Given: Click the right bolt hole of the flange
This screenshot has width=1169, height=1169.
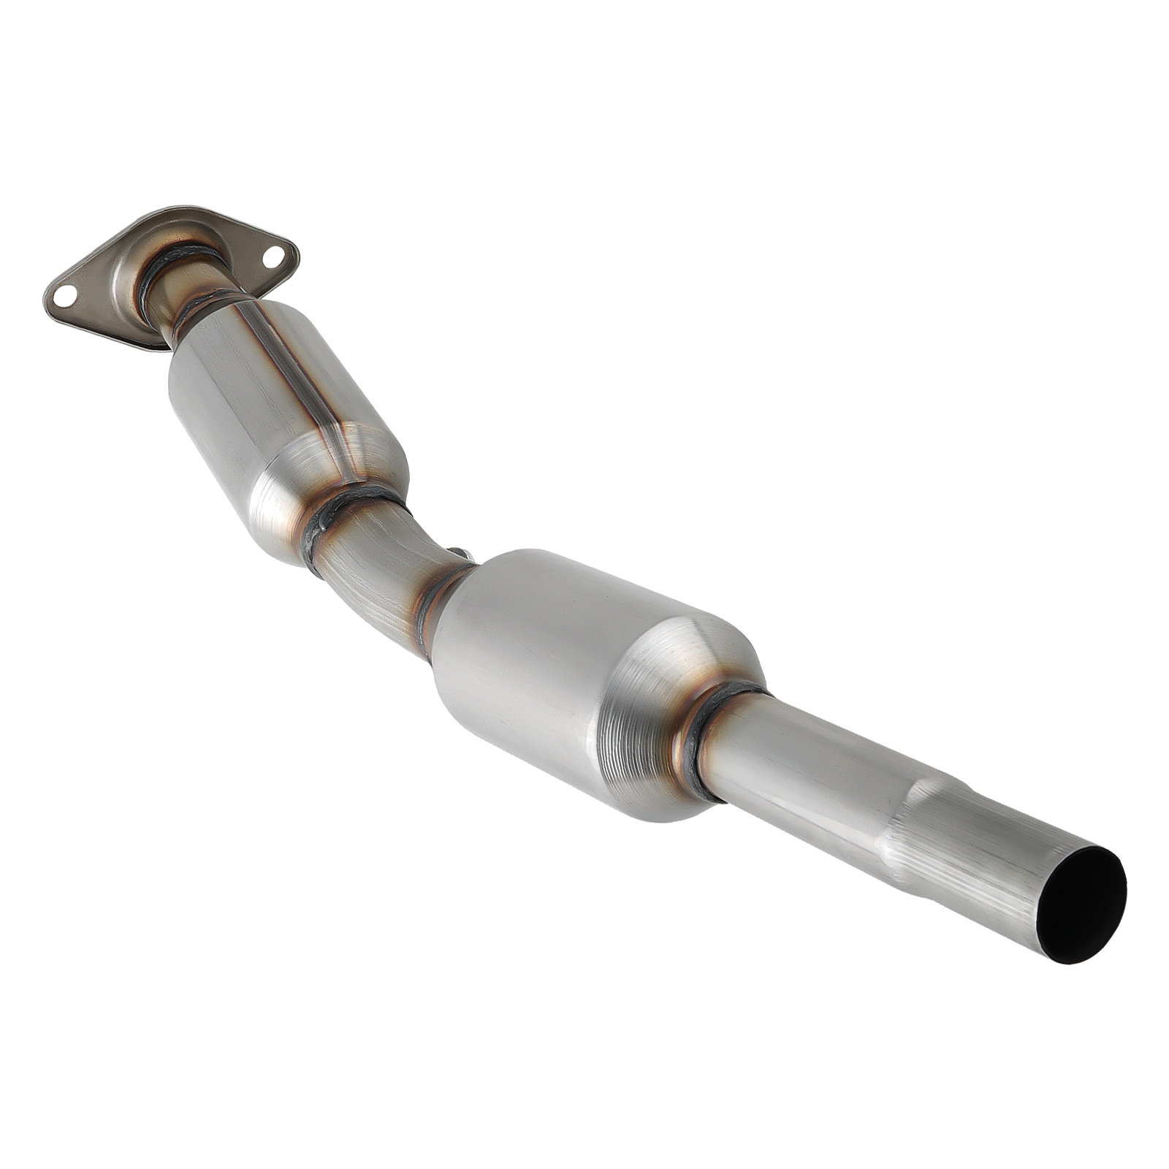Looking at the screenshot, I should click(x=273, y=255).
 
